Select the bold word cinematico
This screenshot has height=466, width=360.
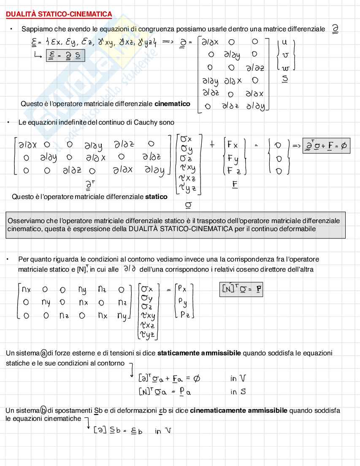pos(172,104)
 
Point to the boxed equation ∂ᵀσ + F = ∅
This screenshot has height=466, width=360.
pos(326,146)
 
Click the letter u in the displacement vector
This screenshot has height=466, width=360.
pos(284,43)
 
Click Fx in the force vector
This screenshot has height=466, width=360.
pos(232,145)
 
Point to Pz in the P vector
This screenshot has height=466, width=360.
pos(184,315)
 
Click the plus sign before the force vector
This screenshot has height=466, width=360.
pos(212,144)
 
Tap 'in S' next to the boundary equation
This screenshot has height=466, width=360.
pos(238,392)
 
